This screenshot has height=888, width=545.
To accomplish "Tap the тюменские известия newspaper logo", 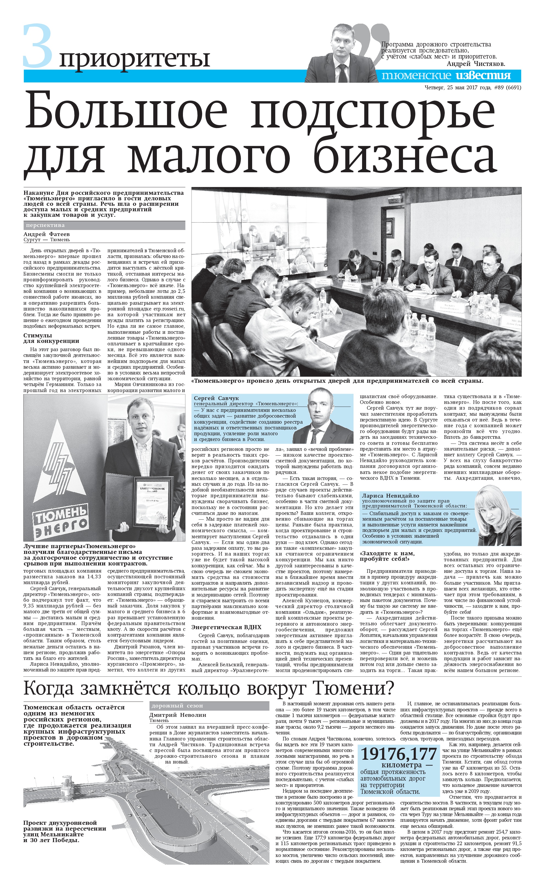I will click(x=446, y=75).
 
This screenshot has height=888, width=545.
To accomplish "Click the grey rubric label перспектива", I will click(x=45, y=225).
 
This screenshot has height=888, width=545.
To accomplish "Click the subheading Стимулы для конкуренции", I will click(x=51, y=338).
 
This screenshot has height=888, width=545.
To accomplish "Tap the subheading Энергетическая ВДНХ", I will click(x=226, y=627).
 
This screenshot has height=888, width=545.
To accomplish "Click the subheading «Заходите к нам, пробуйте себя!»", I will click(x=387, y=556).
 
